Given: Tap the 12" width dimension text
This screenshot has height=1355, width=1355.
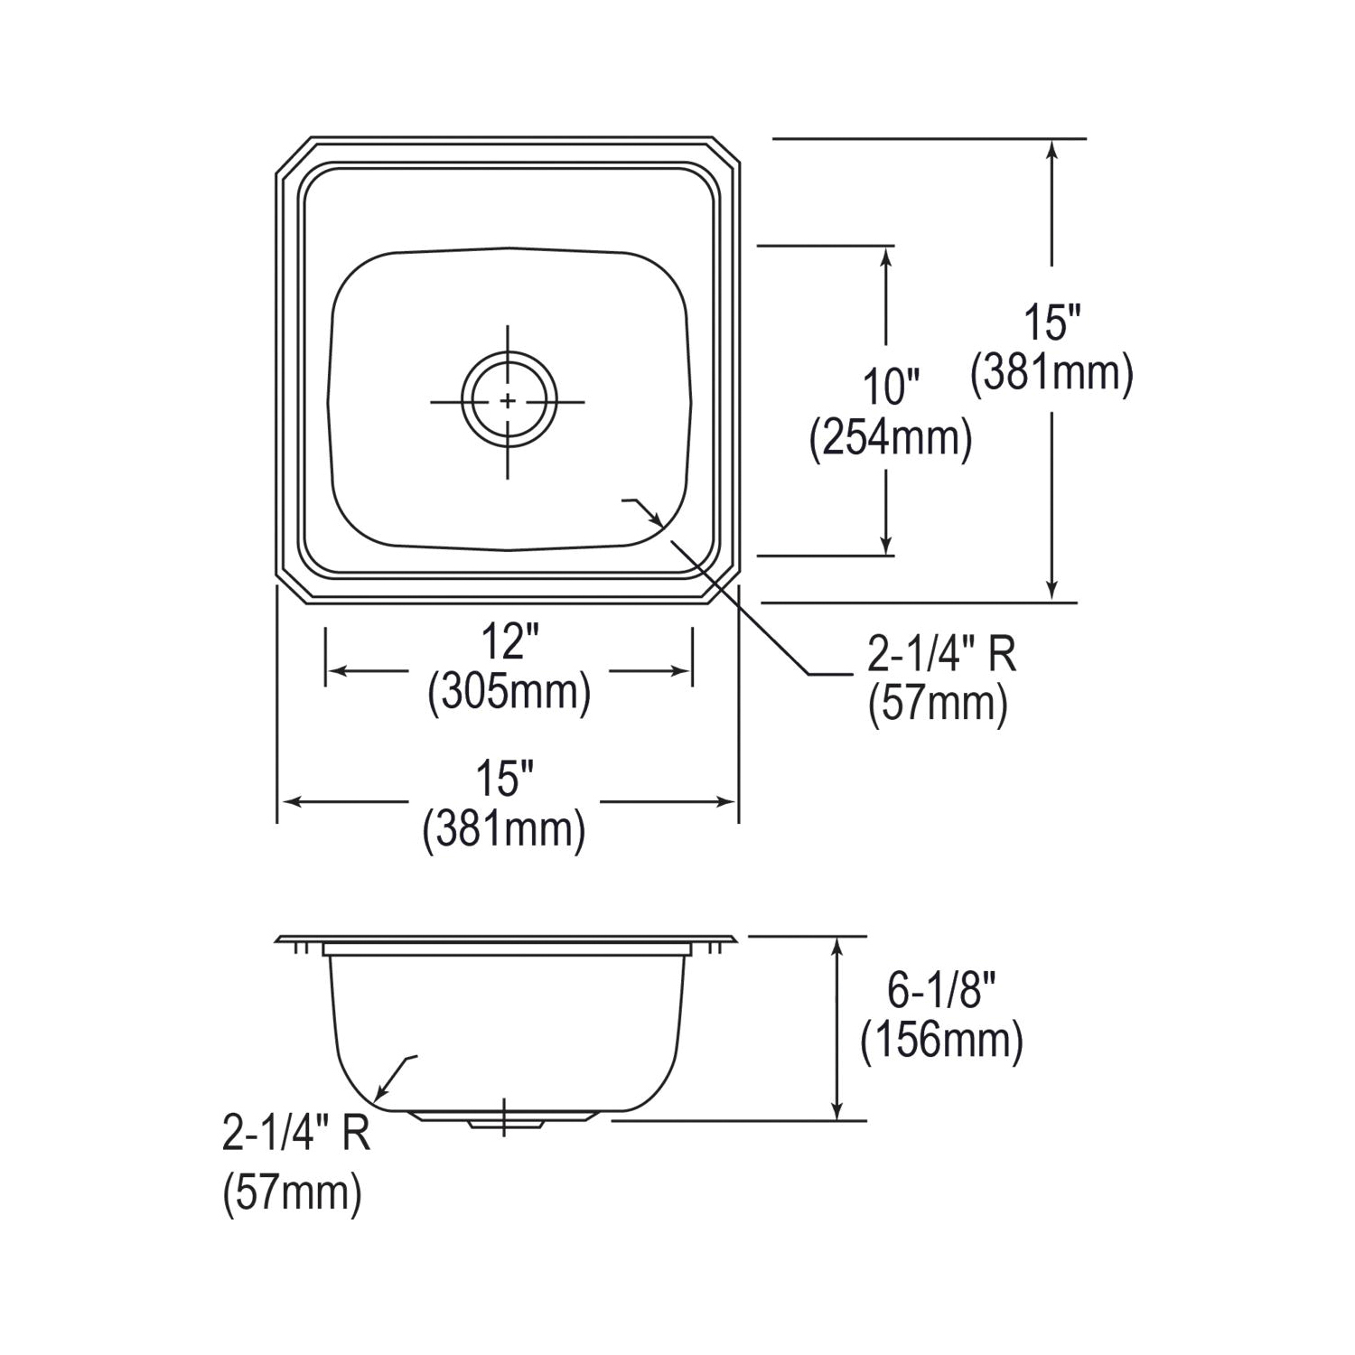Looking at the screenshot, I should (509, 643).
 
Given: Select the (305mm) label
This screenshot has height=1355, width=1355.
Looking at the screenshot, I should (509, 693).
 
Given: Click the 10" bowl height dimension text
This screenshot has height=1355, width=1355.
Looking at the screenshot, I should (890, 388).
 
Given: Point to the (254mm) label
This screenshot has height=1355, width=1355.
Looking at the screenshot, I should (891, 439).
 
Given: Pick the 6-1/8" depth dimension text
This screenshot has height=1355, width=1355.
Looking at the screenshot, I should (940, 991).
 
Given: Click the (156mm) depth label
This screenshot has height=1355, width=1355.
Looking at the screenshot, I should (941, 1042).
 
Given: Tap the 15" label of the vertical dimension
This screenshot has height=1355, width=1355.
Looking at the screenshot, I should (1051, 322).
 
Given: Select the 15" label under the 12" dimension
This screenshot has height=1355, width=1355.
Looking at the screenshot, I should (504, 779).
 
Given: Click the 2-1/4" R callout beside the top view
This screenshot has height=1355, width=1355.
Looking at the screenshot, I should (941, 655).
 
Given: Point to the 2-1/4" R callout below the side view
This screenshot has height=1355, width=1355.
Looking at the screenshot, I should (296, 1134).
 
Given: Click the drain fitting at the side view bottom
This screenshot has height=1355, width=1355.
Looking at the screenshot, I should (503, 1118).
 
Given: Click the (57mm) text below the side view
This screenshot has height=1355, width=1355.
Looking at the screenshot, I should (292, 1193).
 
